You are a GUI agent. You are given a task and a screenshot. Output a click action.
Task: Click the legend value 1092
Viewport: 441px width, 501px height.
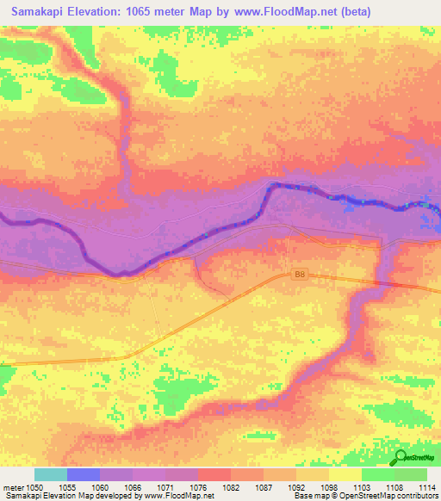296,486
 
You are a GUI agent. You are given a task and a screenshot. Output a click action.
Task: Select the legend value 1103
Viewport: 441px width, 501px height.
362,486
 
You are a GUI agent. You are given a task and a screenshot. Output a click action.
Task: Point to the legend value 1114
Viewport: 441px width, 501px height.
425,486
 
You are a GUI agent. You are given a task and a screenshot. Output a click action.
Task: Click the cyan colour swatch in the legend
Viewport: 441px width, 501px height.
51,474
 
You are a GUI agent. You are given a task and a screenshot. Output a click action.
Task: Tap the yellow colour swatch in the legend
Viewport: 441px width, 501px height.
345,474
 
